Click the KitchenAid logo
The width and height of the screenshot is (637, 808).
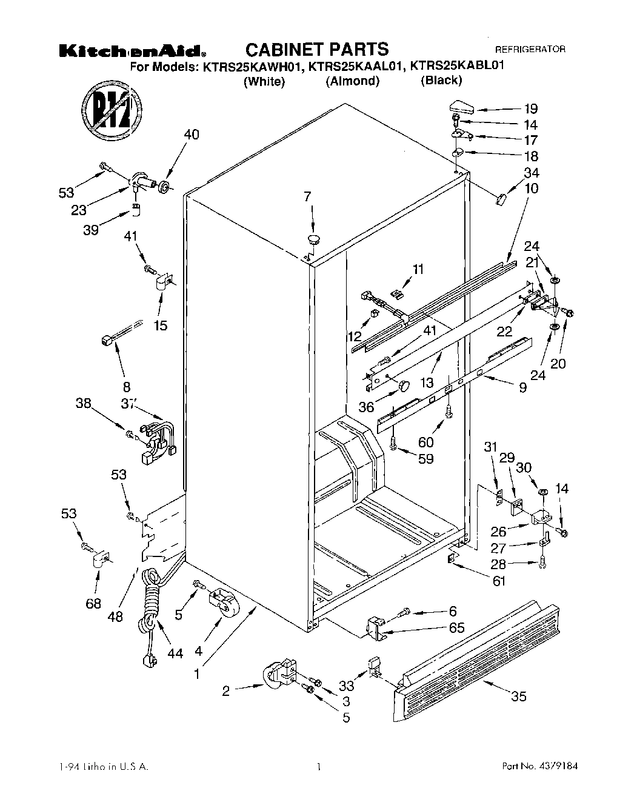point(134,52)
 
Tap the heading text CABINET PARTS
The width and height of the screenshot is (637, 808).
point(316,49)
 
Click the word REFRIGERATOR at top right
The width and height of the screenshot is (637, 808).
point(530,50)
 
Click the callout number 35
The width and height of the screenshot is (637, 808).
point(518,696)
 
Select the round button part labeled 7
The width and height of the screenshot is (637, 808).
point(313,238)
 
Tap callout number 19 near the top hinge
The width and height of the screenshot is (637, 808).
point(530,109)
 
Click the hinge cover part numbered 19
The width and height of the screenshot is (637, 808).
point(461,107)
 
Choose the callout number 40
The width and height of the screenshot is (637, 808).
point(190,135)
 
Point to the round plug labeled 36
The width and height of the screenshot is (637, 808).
point(404,385)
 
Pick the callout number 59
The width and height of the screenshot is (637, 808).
point(426,459)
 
